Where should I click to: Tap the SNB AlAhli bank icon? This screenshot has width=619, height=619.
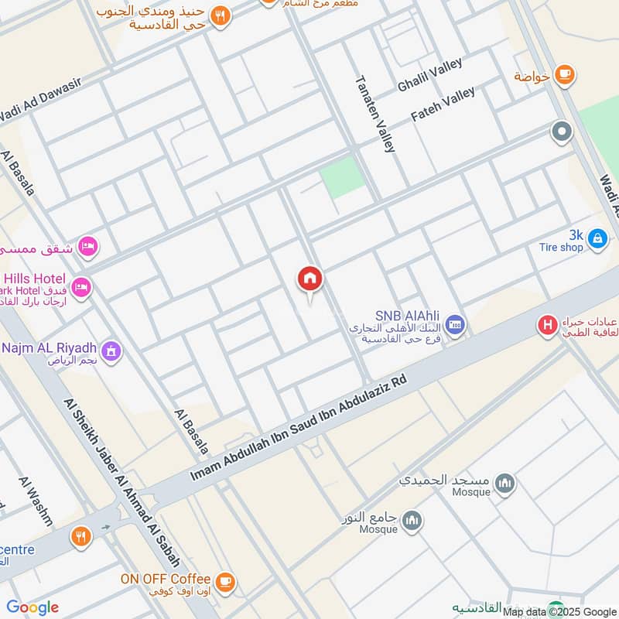tap(455, 322)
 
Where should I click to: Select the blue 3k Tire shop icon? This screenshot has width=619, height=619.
tap(597, 238)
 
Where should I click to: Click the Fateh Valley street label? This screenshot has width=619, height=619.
tap(443, 104)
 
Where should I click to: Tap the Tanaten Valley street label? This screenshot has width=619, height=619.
tap(374, 113)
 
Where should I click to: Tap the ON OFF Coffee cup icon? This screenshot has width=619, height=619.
tap(224, 580)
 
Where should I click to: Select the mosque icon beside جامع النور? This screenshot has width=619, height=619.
tap(412, 520)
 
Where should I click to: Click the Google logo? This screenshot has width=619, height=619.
tap(32, 607)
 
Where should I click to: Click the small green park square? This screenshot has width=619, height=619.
tap(342, 176)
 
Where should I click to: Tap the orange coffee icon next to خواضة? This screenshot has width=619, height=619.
tap(564, 74)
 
